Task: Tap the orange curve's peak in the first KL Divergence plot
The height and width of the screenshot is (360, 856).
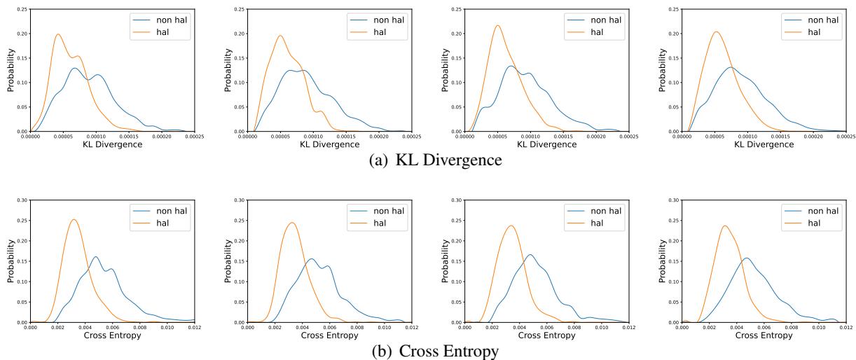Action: tap(58, 34)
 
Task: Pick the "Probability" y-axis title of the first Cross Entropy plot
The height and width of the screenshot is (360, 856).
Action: tap(11, 261)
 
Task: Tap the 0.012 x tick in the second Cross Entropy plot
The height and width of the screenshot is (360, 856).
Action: tap(411, 327)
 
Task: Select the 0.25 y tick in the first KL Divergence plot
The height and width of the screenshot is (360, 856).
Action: tap(25, 9)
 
